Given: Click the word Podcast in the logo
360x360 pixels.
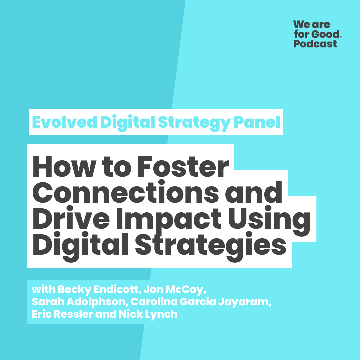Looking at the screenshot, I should click(315, 44).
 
